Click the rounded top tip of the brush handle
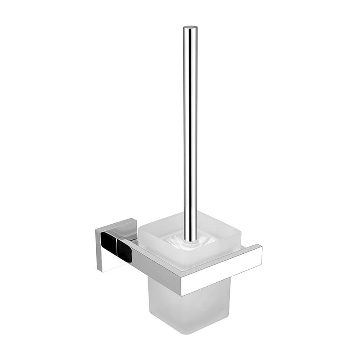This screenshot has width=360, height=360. (190, 28)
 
